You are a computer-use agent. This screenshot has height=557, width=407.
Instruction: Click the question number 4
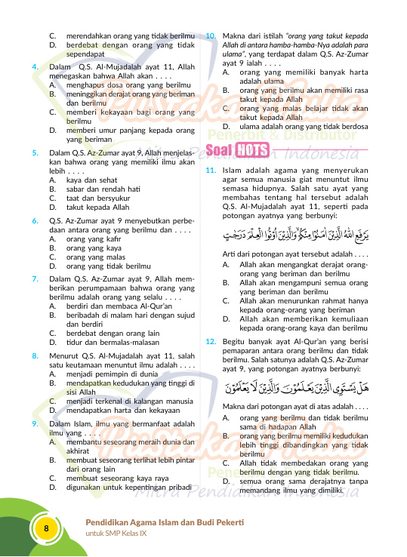click(x=35, y=67)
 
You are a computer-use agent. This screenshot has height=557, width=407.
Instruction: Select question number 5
click(x=35, y=152)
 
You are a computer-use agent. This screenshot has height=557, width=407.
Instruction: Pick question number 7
click(x=35, y=278)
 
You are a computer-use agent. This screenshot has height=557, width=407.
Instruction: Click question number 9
click(x=35, y=423)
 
